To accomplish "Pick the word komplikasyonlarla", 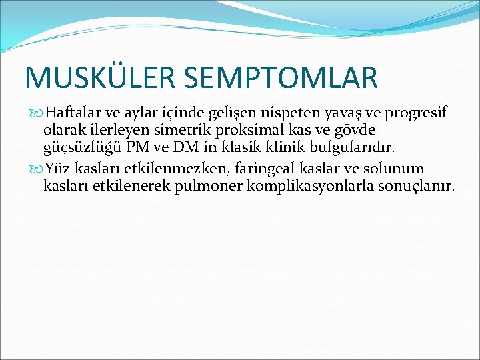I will coord(311,187).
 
